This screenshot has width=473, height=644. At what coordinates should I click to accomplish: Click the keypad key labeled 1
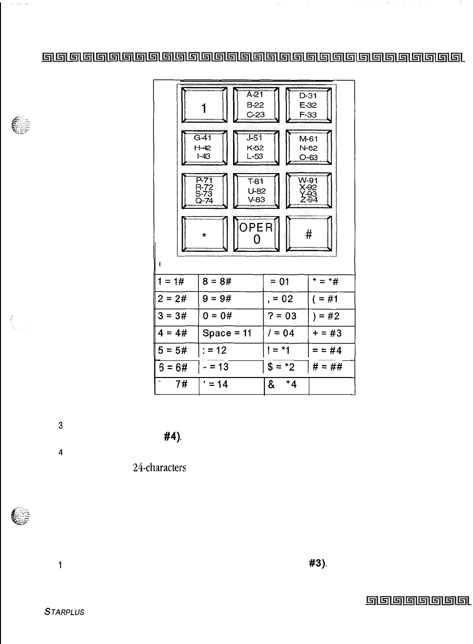coord(204,105)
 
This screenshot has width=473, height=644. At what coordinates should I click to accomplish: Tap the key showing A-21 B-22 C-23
coord(256,105)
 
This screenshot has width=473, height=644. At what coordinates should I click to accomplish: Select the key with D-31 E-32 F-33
coord(308,105)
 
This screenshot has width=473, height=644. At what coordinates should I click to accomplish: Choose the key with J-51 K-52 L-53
coord(256,148)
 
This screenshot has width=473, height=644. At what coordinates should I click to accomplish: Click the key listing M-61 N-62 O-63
coord(308,148)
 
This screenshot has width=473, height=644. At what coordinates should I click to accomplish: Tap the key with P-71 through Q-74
coord(204,191)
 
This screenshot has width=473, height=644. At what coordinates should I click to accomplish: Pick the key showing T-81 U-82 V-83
coord(256,191)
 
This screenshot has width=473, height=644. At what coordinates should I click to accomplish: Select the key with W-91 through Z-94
coord(308,191)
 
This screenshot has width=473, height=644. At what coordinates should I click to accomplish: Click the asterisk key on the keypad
coord(204,234)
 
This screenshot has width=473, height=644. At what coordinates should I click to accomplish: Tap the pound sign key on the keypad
coord(308,234)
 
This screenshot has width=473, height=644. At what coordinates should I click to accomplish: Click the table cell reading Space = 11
coord(227,333)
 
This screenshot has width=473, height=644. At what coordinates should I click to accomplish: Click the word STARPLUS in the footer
coord(64,612)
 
